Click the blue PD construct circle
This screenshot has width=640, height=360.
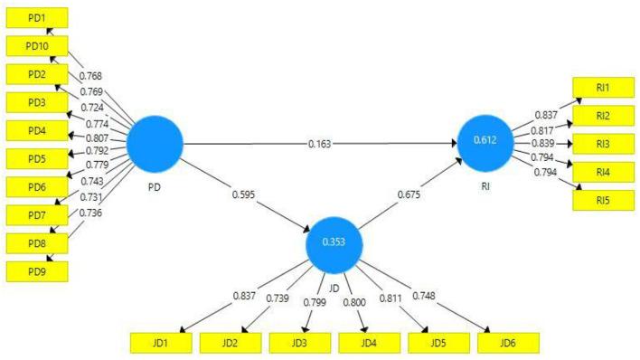pyautogui.click(x=155, y=144)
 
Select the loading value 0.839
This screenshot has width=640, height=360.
pyautogui.click(x=544, y=143)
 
